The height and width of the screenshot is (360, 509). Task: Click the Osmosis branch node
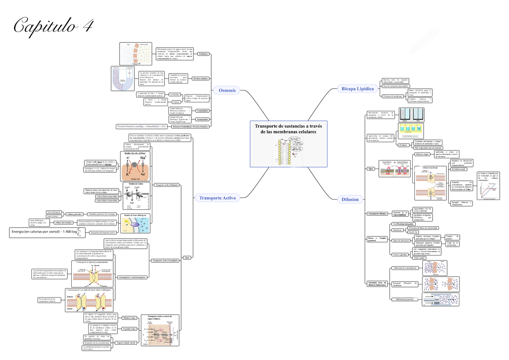click(x=227, y=90)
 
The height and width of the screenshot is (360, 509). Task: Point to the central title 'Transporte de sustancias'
click(x=288, y=129)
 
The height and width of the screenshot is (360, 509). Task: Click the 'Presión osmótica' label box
click(x=201, y=79)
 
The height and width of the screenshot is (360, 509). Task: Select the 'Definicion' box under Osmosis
click(x=204, y=54)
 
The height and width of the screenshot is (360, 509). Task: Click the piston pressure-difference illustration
click(x=441, y=299)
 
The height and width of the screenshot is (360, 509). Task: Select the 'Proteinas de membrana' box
click(x=392, y=96)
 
